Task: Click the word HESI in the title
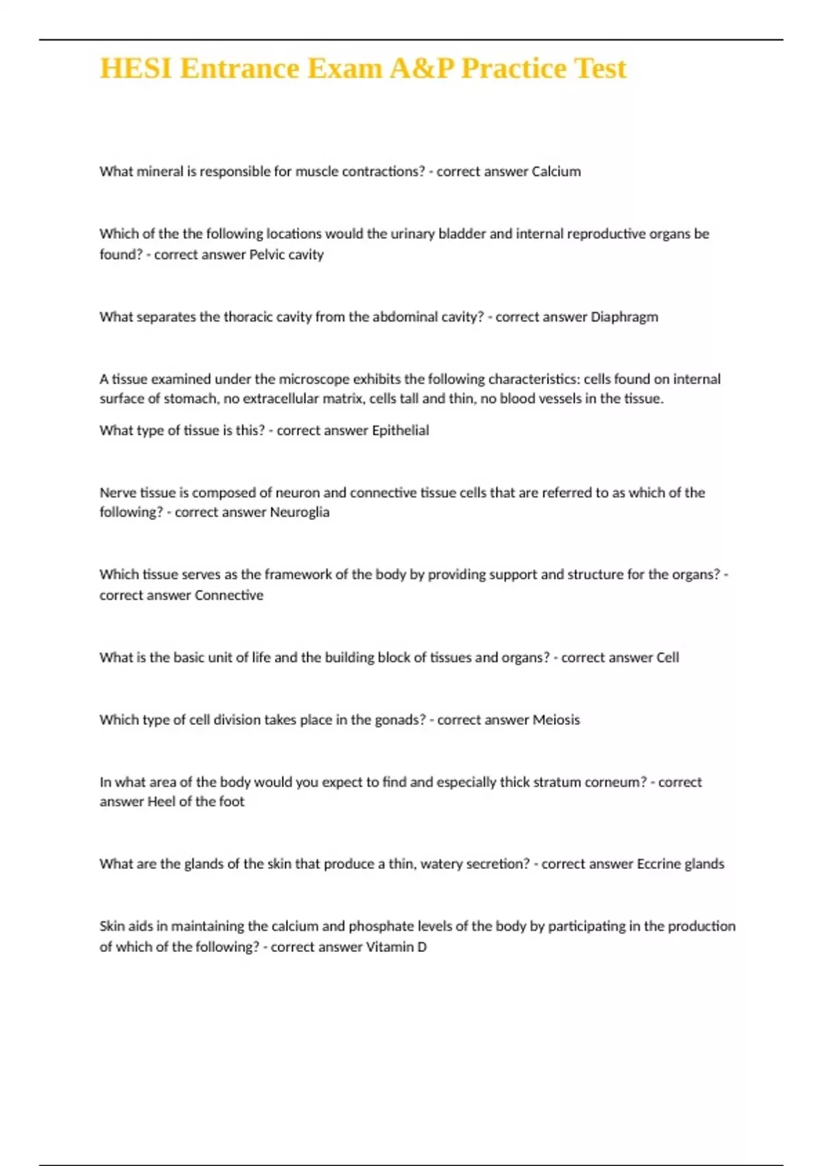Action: (x=136, y=69)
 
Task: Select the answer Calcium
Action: (x=556, y=171)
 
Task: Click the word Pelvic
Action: (x=266, y=254)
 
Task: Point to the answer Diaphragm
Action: (x=624, y=317)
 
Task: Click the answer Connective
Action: (x=228, y=595)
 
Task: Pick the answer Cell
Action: (x=667, y=658)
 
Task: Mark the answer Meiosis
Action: (x=556, y=720)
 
